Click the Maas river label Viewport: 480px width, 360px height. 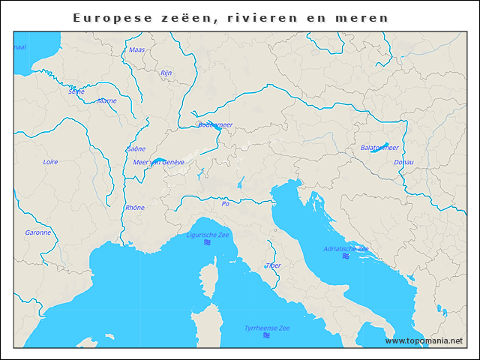point(136,50)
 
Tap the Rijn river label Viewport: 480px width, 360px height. point(166,73)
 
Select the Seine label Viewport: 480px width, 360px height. point(76,91)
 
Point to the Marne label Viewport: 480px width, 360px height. point(106,100)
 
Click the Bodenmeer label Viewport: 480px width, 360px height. point(215,125)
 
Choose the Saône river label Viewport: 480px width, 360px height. point(136,149)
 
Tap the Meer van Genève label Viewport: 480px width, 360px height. point(158,162)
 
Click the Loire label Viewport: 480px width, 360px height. point(50,161)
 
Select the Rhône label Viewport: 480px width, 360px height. point(135,208)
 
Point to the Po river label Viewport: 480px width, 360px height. point(225,203)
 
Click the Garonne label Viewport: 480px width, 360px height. point(38,232)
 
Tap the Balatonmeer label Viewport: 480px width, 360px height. point(379,148)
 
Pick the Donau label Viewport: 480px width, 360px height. point(403,162)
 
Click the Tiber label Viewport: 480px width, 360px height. point(273,265)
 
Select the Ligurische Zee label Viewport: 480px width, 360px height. point(208,235)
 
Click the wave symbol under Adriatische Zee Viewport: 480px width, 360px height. point(346,256)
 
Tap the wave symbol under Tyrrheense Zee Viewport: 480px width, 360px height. point(266,336)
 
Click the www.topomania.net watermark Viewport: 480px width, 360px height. point(424,340)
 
